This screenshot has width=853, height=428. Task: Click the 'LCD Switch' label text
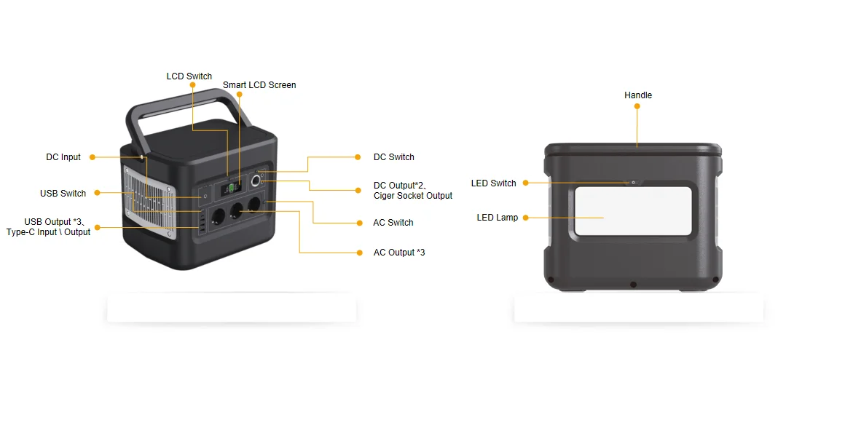coord(189,76)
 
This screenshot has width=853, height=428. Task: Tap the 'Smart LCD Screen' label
coord(259,85)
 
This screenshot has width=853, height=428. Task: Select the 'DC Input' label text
coord(63,157)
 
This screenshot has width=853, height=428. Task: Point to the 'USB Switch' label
coord(63,194)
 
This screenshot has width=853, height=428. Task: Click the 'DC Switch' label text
coord(393,157)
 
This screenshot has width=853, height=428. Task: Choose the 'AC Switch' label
coord(393,223)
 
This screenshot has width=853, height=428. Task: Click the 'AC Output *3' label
coord(398,253)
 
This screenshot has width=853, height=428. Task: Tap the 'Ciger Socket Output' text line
coord(413,196)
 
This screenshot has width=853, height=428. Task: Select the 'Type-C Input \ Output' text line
coord(49,232)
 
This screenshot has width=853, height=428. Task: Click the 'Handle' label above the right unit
coord(638,95)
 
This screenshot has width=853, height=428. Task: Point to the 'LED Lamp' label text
coord(498,218)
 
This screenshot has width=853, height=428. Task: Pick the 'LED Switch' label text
coord(493,183)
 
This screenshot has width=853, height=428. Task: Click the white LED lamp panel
coord(632,211)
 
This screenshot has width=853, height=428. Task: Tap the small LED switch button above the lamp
coord(633,183)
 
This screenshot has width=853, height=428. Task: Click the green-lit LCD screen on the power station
coord(230,188)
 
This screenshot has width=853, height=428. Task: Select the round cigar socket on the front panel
coord(256,181)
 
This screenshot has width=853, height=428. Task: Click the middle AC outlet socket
coord(237,212)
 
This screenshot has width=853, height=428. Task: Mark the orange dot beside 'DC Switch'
coord(357,157)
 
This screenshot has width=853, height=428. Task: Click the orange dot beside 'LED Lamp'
coord(525,218)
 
